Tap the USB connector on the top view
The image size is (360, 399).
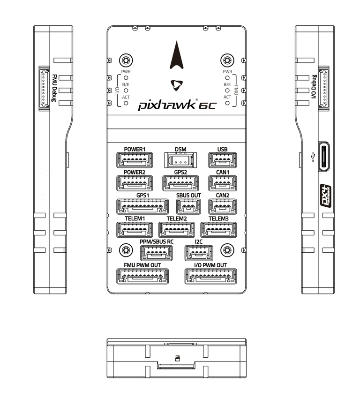222,160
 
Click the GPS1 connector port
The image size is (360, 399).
142,206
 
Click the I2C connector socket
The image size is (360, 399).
198,253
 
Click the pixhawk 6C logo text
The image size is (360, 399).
177,105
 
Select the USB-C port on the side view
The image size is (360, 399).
323,157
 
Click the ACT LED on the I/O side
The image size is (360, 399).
126,102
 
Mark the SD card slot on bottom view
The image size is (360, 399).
177,365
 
